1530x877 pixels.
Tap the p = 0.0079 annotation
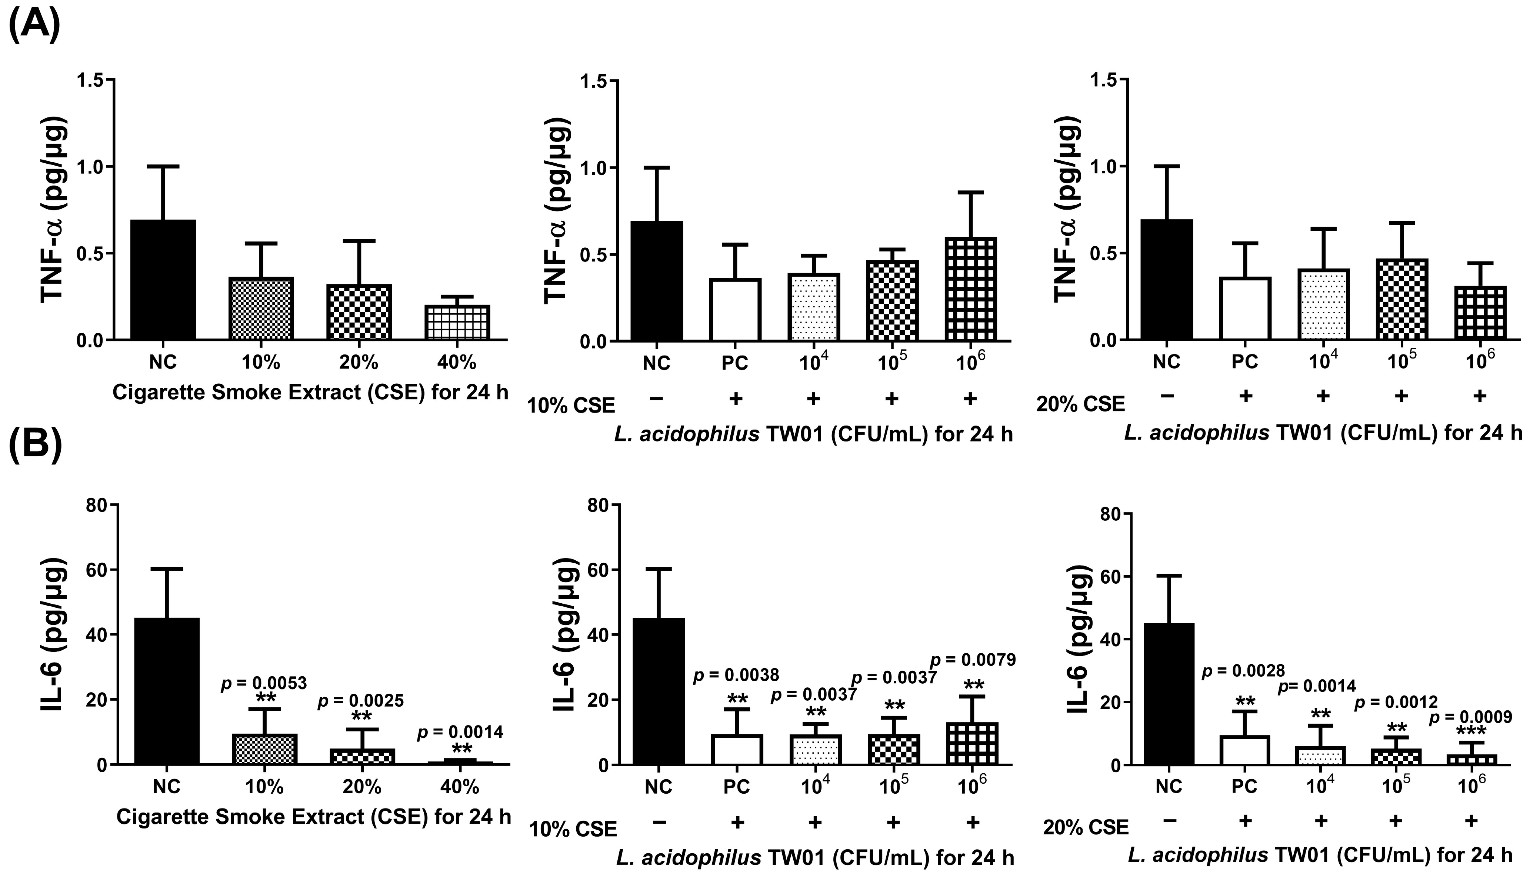pos(973,660)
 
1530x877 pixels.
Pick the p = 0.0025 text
pos(361,700)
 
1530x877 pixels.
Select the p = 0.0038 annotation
pos(736,675)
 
